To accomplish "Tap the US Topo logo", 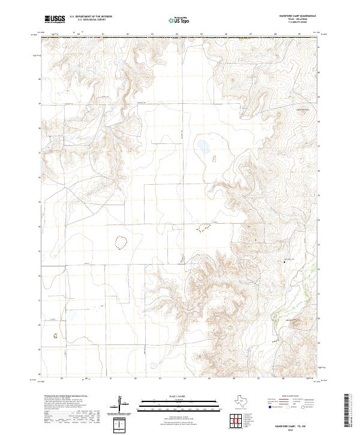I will tap(180, 20).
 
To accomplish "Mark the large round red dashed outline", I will tap(121, 242).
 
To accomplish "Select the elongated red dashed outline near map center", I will tap(204, 227).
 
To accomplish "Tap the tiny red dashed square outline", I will tap(56, 337).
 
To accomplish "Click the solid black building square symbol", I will tap(284, 262).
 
